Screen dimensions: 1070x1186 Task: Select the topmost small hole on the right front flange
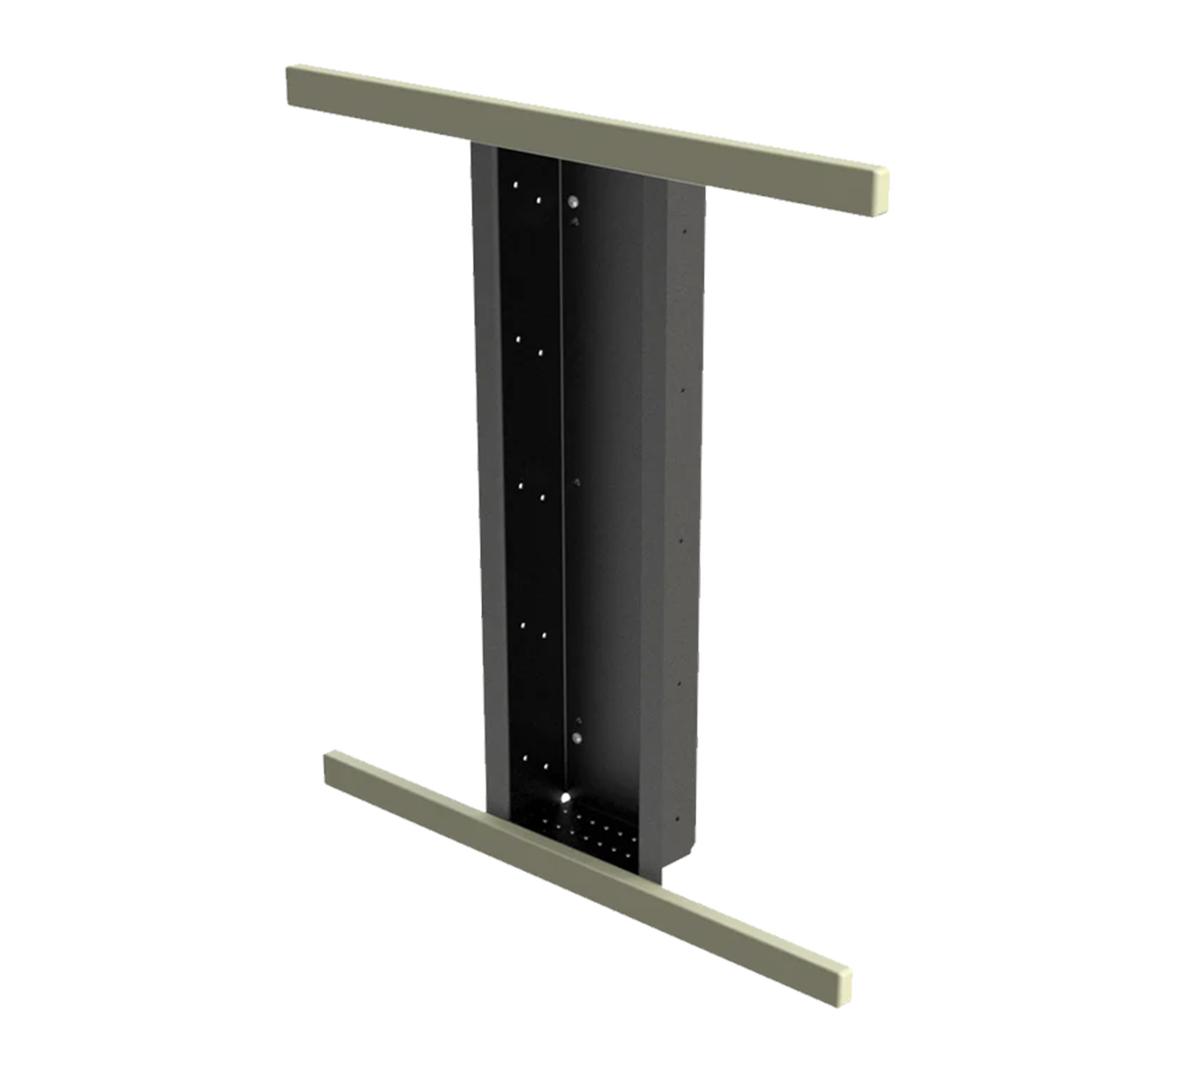point(683,233)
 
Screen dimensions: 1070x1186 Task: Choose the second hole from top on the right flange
point(682,386)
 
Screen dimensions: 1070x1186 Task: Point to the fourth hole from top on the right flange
point(679,682)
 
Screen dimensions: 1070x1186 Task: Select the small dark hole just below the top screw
point(575,221)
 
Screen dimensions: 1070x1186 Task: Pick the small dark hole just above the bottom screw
point(577,719)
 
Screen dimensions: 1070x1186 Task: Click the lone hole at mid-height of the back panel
point(576,480)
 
